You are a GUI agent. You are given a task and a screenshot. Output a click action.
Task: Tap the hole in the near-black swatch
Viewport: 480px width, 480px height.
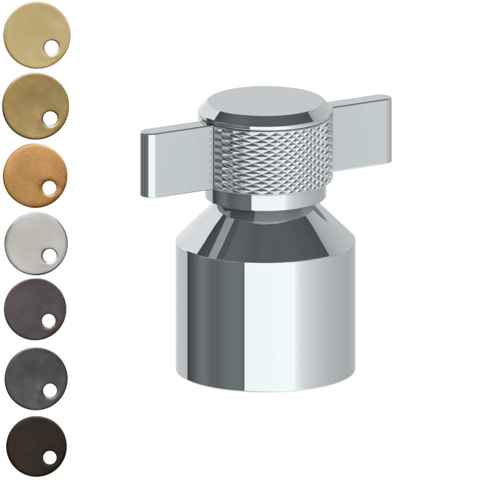point(49,458)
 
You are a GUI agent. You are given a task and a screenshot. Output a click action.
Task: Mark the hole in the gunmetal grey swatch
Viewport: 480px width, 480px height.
point(49,390)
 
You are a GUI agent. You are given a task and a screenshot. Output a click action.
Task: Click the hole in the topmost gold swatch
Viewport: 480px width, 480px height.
point(51,48)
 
